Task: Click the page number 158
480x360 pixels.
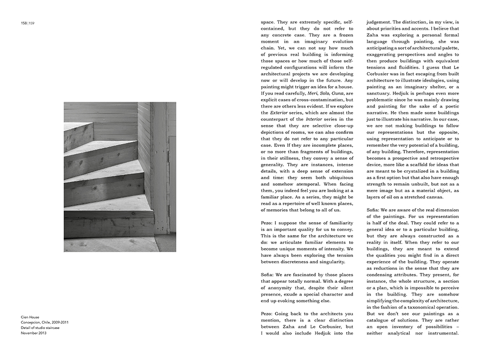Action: point(24,23)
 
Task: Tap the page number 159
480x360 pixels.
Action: point(31,23)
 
